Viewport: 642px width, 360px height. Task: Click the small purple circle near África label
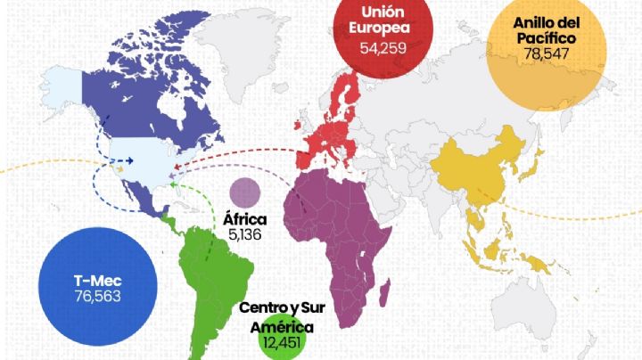pyautogui.click(x=244, y=192)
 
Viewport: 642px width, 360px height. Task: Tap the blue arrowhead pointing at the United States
pyautogui.click(x=129, y=161)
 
